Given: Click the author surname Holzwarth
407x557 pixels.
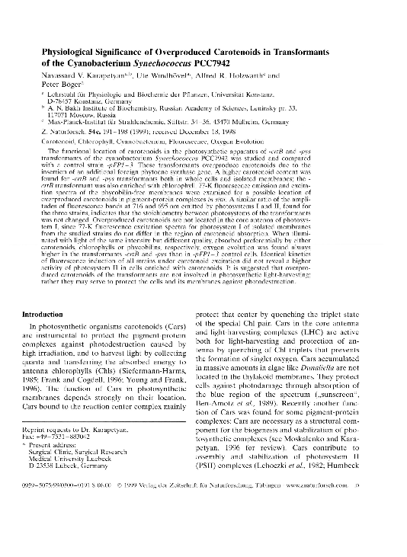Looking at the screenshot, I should click(x=237, y=76).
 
